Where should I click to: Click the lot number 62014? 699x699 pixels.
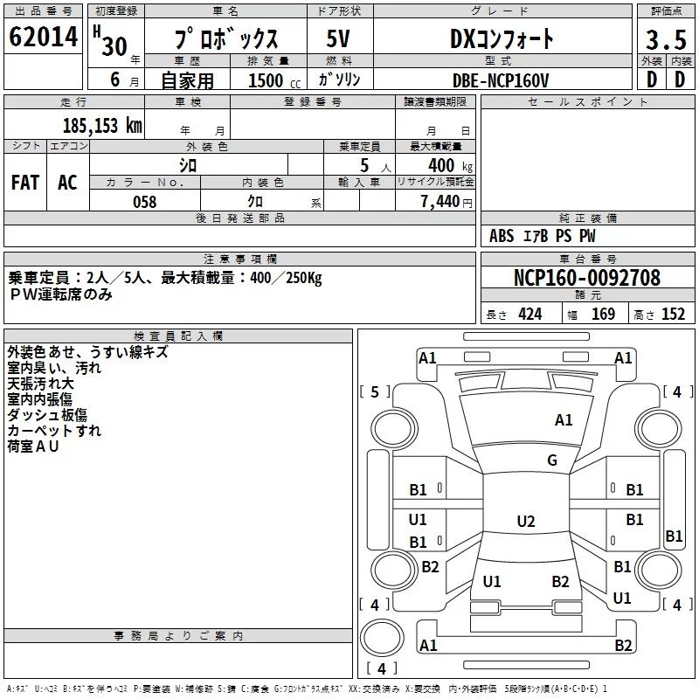[x=43, y=37]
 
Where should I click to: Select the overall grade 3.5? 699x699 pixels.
[x=666, y=39]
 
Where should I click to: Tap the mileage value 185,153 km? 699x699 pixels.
[x=102, y=125]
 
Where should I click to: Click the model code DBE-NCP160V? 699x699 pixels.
[x=501, y=80]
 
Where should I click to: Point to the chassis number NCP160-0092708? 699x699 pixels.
[x=587, y=278]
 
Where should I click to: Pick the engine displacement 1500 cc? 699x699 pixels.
[x=274, y=80]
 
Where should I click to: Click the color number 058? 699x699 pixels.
[x=145, y=202]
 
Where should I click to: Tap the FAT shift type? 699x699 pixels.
[x=25, y=183]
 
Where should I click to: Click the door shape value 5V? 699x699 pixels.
[x=338, y=38]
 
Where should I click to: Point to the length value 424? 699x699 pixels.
[x=530, y=315]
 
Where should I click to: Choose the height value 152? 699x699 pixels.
[x=673, y=315]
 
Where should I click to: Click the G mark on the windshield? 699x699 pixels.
[x=552, y=460]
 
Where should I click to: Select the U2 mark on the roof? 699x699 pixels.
[x=526, y=521]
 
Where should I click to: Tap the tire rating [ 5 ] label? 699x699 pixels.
[x=375, y=391]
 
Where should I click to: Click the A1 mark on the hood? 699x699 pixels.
[x=564, y=420]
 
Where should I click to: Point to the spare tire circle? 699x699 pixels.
[x=382, y=638]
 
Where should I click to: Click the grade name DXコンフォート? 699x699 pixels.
[x=502, y=38]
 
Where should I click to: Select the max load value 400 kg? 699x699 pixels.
[x=450, y=165]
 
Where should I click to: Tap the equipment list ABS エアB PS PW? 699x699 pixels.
[x=542, y=236]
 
